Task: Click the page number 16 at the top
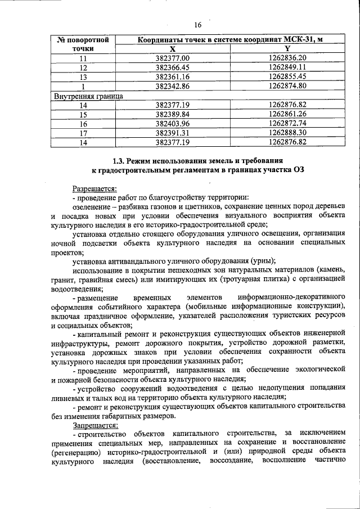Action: click(197, 25)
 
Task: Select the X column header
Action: click(173, 49)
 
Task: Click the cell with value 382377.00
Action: click(173, 58)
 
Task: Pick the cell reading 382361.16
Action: click(173, 76)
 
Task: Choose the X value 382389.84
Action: click(173, 114)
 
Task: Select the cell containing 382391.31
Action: click(173, 133)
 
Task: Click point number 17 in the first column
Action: click(83, 133)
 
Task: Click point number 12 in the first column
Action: click(83, 67)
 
